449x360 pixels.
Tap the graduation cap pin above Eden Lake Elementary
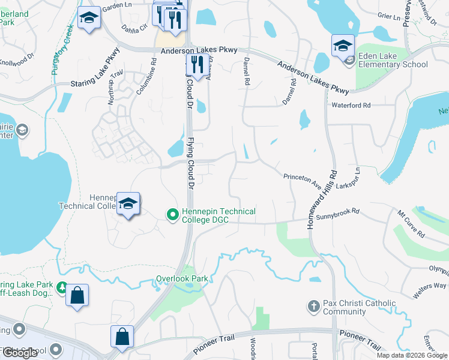(x=343, y=46)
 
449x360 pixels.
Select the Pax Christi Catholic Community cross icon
(x=313, y=307)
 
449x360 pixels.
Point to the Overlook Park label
(x=182, y=278)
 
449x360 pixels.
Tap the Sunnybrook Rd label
(x=338, y=212)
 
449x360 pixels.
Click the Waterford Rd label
(x=351, y=105)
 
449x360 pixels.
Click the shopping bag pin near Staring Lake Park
(x=77, y=296)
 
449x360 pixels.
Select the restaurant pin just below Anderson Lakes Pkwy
(x=196, y=63)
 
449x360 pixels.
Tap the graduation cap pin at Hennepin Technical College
(x=128, y=204)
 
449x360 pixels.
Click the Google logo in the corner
(x=20, y=353)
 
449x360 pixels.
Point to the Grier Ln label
(x=388, y=17)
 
